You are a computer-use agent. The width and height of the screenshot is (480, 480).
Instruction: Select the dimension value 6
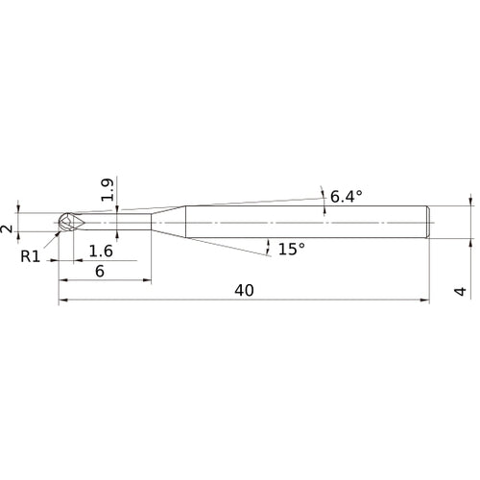coord(99,272)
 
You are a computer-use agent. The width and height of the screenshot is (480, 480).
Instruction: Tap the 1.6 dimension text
coord(100,252)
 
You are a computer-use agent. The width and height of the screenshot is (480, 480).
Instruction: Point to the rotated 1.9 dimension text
coord(108,189)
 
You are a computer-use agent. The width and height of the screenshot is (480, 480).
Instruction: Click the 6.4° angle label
coord(346,197)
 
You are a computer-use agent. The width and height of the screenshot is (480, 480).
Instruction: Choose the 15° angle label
coord(291,249)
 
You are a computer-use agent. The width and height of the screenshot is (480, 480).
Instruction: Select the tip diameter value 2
coord(8,228)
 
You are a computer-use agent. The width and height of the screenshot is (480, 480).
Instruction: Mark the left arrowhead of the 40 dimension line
coord(62,301)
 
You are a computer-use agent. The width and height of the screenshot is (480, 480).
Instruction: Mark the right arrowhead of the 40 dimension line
coord(426,301)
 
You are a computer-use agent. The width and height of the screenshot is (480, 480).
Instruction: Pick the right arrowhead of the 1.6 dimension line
coord(114,261)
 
